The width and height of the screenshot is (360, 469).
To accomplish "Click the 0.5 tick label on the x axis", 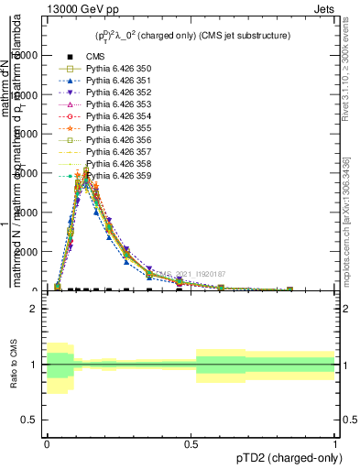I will tap(191, 441).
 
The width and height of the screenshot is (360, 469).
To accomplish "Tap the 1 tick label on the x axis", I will tap(334, 441).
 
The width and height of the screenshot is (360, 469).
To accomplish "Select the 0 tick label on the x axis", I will tap(47, 441).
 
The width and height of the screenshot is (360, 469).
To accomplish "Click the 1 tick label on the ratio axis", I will tap(33, 365).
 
